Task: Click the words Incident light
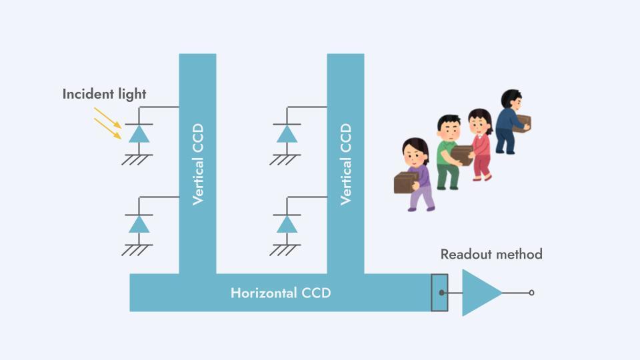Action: tap(104, 94)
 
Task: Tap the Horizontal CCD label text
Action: tap(281, 293)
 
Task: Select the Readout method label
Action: tap(491, 254)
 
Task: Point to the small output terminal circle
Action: tap(531, 293)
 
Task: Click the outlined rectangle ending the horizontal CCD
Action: tap(439, 293)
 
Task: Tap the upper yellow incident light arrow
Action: tap(107, 117)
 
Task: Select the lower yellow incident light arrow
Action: tap(107, 129)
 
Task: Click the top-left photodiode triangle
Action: tap(139, 134)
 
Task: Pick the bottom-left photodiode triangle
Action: tap(139, 224)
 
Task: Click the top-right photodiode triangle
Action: tap(287, 134)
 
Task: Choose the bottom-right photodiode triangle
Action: tap(287, 224)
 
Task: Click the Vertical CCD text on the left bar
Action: tap(197, 164)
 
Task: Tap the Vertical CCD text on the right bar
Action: tap(345, 164)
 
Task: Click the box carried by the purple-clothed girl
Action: tap(406, 182)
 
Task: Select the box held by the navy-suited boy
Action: tap(522, 124)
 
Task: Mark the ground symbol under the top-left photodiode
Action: tap(137, 159)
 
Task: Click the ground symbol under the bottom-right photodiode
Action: tap(285, 250)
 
